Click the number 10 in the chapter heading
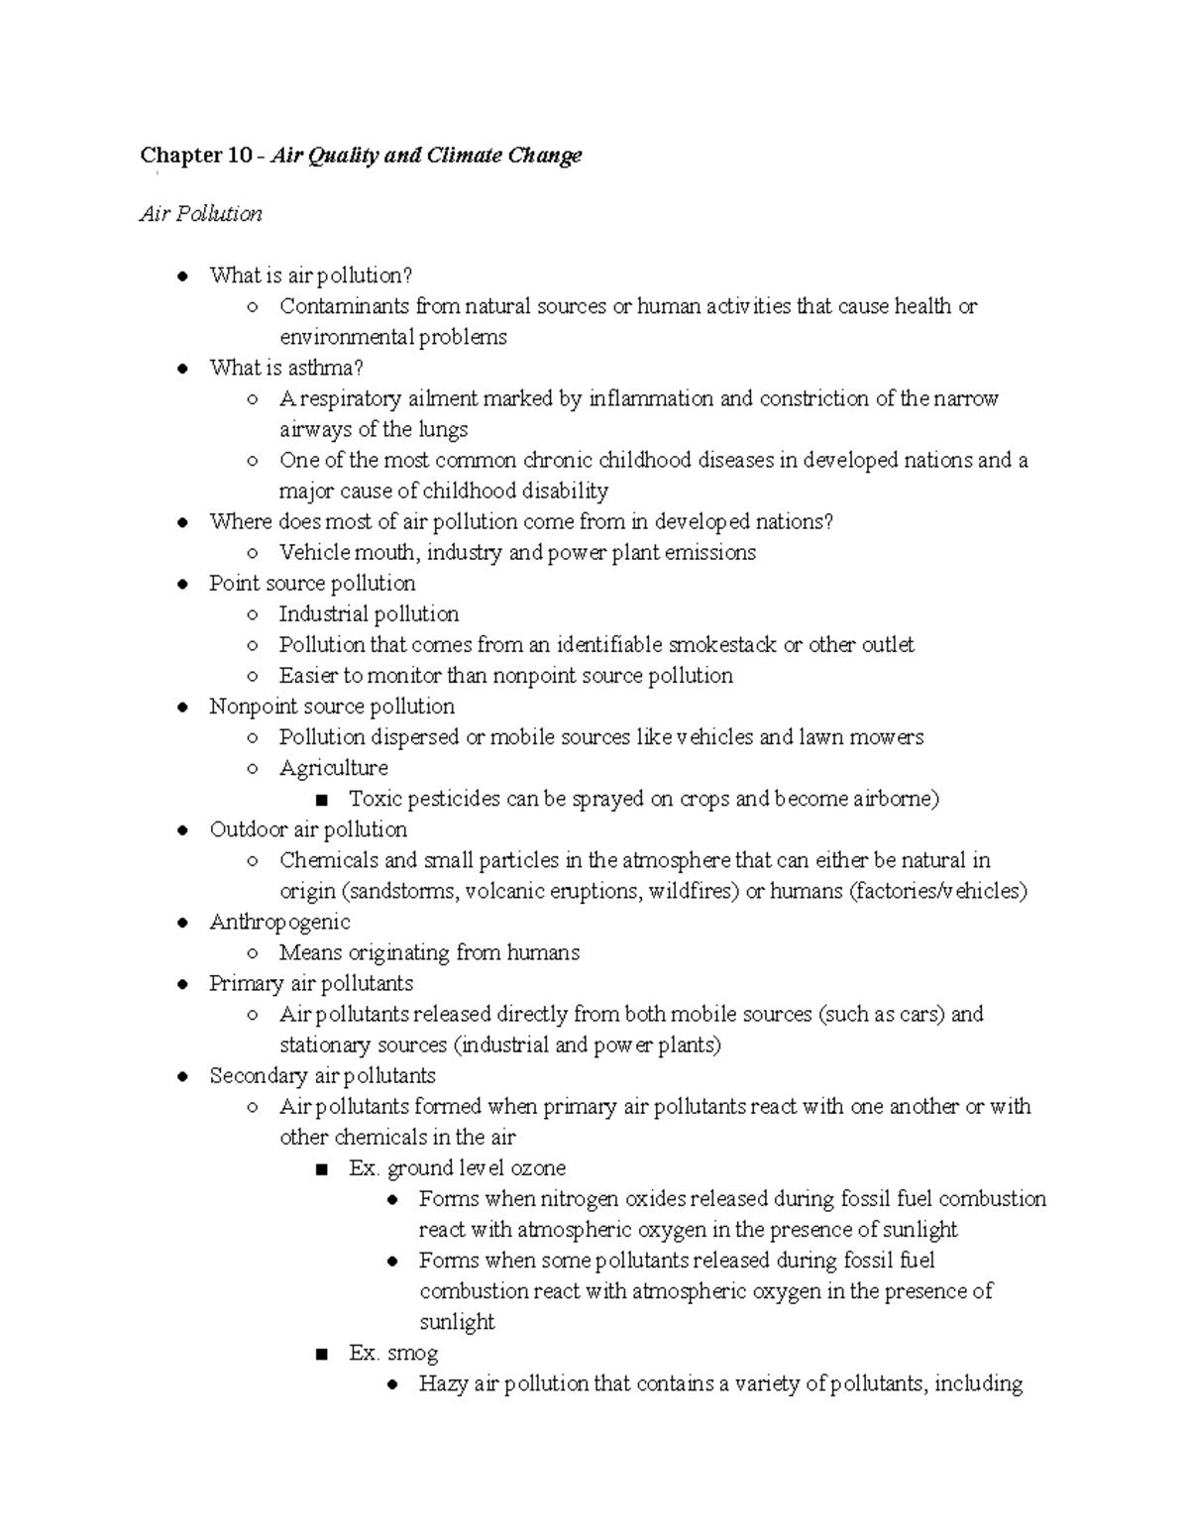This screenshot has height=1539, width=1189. click(240, 156)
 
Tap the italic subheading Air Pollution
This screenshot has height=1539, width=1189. click(201, 214)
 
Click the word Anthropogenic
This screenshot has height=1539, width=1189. click(279, 922)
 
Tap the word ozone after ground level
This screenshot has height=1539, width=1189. click(535, 1167)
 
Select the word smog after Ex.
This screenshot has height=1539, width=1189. click(413, 1353)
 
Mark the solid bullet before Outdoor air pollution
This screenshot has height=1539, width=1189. click(182, 829)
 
